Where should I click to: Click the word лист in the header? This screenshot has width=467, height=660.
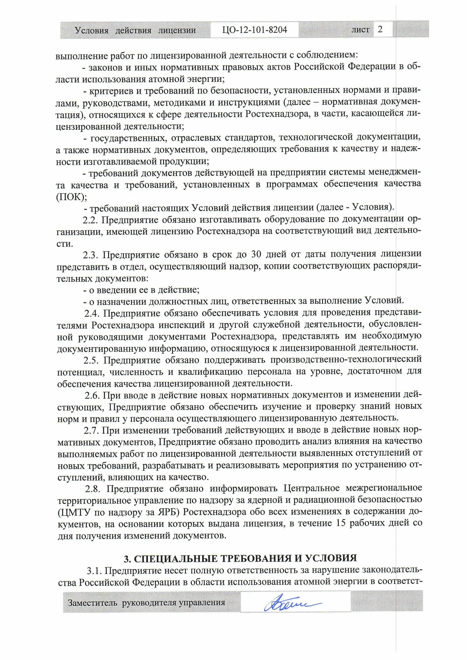[x=360, y=30]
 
